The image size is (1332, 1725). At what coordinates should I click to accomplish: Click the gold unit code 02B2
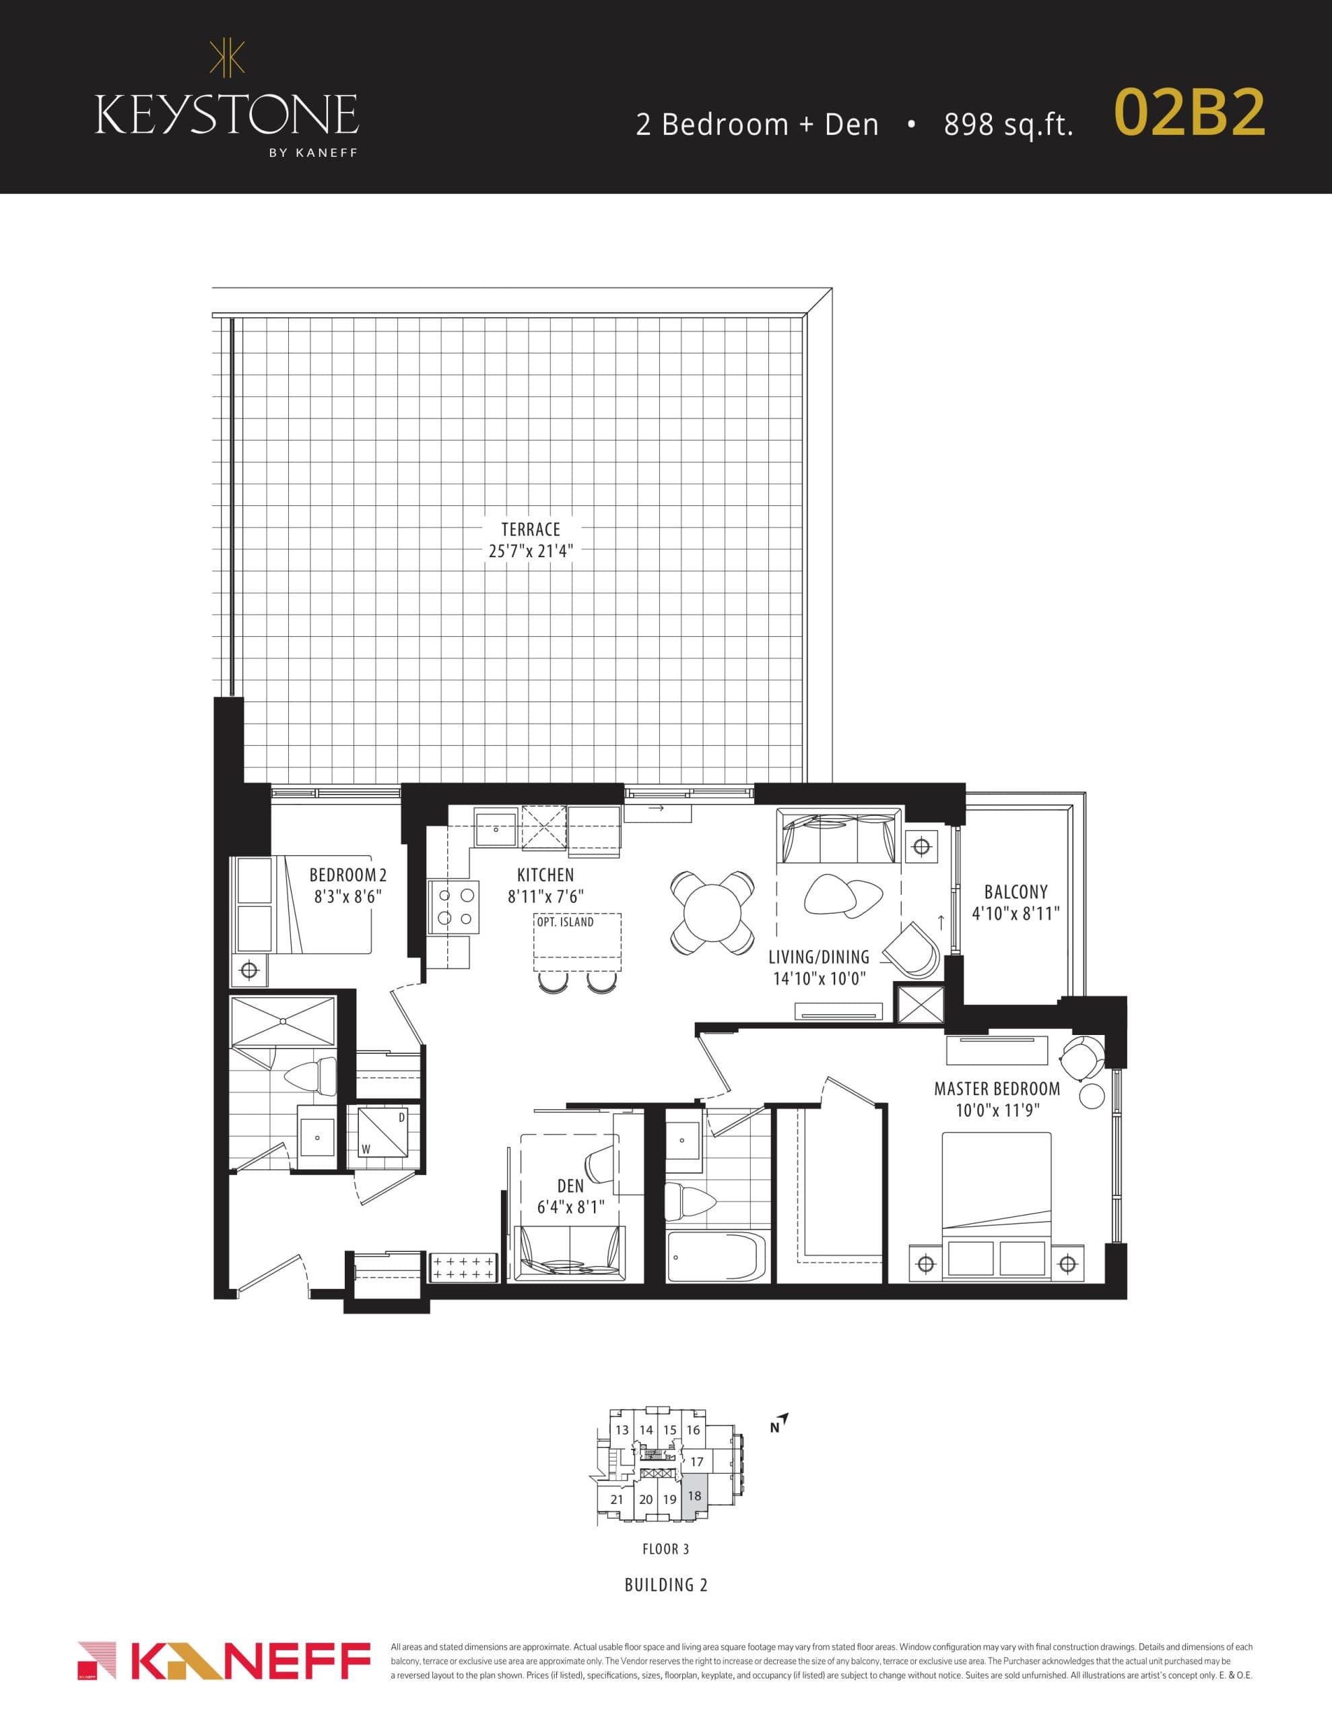tap(1189, 115)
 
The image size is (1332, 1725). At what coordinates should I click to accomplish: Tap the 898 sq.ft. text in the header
tap(1008, 125)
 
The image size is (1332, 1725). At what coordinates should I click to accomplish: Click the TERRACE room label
tap(531, 529)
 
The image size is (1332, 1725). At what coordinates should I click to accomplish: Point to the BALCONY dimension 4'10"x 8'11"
tap(1015, 914)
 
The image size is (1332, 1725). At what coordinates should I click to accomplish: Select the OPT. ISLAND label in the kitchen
tap(566, 922)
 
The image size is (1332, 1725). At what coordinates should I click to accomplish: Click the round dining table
tap(712, 913)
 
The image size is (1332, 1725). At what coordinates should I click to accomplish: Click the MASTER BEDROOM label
tap(997, 1089)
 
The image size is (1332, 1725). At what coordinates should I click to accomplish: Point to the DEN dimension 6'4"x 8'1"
tap(570, 1207)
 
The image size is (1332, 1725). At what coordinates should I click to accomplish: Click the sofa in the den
tap(569, 1253)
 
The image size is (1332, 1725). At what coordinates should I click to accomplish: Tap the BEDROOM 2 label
tap(347, 875)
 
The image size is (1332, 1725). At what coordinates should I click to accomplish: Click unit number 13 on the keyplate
tap(622, 1431)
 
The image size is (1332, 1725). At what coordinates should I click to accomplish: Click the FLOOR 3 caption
tap(665, 1549)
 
